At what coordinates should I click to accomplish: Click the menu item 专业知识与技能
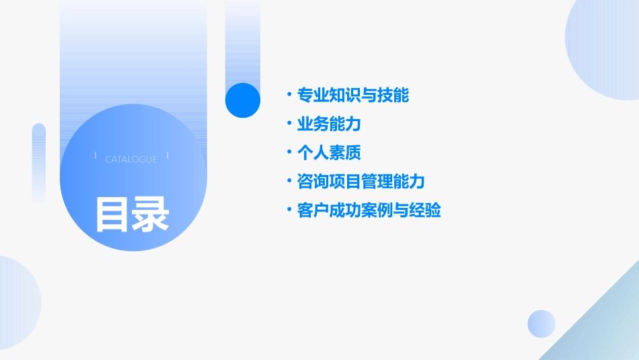pyautogui.click(x=353, y=96)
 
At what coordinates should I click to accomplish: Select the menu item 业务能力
pyautogui.click(x=329, y=124)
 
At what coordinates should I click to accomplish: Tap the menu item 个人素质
pyautogui.click(x=329, y=153)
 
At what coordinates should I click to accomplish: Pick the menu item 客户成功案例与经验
pyautogui.click(x=369, y=211)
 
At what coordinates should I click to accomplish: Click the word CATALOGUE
pyautogui.click(x=131, y=159)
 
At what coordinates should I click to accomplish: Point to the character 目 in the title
pyautogui.click(x=112, y=214)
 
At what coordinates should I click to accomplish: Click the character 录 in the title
pyautogui.click(x=151, y=214)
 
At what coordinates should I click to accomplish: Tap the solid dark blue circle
pyautogui.click(x=242, y=100)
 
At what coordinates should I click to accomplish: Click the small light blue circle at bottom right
pyautogui.click(x=541, y=324)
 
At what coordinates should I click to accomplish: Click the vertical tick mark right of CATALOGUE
pyautogui.click(x=167, y=155)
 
